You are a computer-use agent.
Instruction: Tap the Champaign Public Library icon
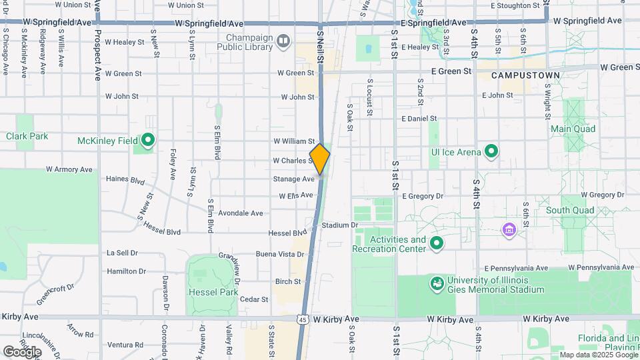coord(283,42)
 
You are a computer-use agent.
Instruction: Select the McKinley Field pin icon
coord(148,141)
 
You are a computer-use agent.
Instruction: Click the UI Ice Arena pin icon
coord(491,152)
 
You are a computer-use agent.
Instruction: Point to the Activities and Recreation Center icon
coord(437,243)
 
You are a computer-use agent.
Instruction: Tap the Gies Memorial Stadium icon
coord(437,285)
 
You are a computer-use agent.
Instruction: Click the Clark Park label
coord(27,136)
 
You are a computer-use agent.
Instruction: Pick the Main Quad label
coord(573,128)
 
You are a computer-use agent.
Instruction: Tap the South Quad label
coord(569,210)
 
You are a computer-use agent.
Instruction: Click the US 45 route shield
coord(303,320)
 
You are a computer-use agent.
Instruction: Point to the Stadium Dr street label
coord(340,225)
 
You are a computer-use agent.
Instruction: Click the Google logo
coord(22,351)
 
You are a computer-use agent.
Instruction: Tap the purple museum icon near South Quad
coord(510,230)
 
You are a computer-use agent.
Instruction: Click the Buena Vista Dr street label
coord(280,254)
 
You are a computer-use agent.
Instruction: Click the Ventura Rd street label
coord(125,345)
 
